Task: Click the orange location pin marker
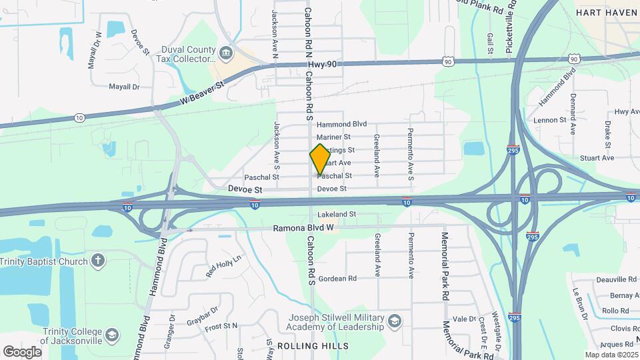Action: [320, 159]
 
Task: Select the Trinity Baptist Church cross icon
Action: [98, 260]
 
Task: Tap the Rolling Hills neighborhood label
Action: [313, 346]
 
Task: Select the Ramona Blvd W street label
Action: [303, 228]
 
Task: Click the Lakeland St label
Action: [337, 215]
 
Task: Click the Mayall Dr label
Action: [124, 87]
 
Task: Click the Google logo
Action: [22, 351]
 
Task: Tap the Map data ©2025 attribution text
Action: [611, 355]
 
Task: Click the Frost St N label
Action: [221, 326]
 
